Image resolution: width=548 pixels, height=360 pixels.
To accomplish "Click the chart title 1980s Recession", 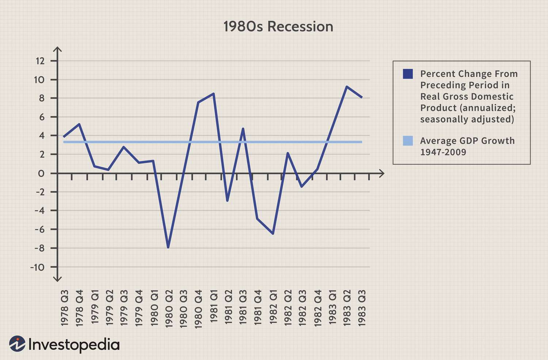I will pyautogui.click(x=278, y=27).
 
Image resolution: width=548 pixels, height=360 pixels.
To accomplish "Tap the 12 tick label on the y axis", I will pyautogui.click(x=40, y=61).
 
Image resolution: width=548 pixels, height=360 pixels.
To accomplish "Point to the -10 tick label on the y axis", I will pyautogui.click(x=37, y=267).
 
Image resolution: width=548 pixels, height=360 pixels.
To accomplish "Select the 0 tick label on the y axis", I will pyautogui.click(x=41, y=173).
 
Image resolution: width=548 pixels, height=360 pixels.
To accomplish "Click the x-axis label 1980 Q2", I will pyautogui.click(x=169, y=309).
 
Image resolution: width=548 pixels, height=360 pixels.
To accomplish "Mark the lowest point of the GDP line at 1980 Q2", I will pyautogui.click(x=168, y=248).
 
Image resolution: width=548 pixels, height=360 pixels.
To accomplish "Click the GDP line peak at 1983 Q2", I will pyautogui.click(x=346, y=87).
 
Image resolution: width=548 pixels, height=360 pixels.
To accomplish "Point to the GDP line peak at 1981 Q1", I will pyautogui.click(x=213, y=93).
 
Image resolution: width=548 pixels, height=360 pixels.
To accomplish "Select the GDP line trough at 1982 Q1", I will pyautogui.click(x=273, y=233).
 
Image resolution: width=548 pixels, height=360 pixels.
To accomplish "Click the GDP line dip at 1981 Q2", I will pyautogui.click(x=227, y=201).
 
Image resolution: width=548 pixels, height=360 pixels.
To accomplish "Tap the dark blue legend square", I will pyautogui.click(x=408, y=74).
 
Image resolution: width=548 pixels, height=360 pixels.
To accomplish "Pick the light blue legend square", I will pyautogui.click(x=408, y=141).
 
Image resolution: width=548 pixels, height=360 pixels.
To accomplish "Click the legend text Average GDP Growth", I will pyautogui.click(x=467, y=141).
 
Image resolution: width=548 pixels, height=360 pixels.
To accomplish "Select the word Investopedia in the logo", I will pyautogui.click(x=74, y=345).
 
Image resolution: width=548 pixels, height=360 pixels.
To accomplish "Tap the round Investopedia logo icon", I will pyautogui.click(x=17, y=344).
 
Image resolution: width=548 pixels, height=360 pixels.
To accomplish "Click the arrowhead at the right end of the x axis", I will pyautogui.click(x=382, y=173).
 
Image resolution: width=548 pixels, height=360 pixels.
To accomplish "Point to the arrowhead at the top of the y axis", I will pyautogui.click(x=57, y=49).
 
